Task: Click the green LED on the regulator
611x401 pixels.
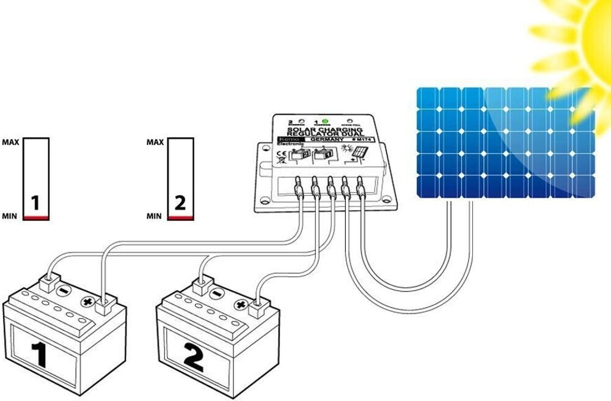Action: pyautogui.click(x=325, y=121)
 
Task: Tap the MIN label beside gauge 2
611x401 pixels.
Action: pyautogui.click(x=154, y=216)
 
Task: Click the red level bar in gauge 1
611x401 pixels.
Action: pyautogui.click(x=36, y=218)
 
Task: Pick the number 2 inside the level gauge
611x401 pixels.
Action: pyautogui.click(x=180, y=203)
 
